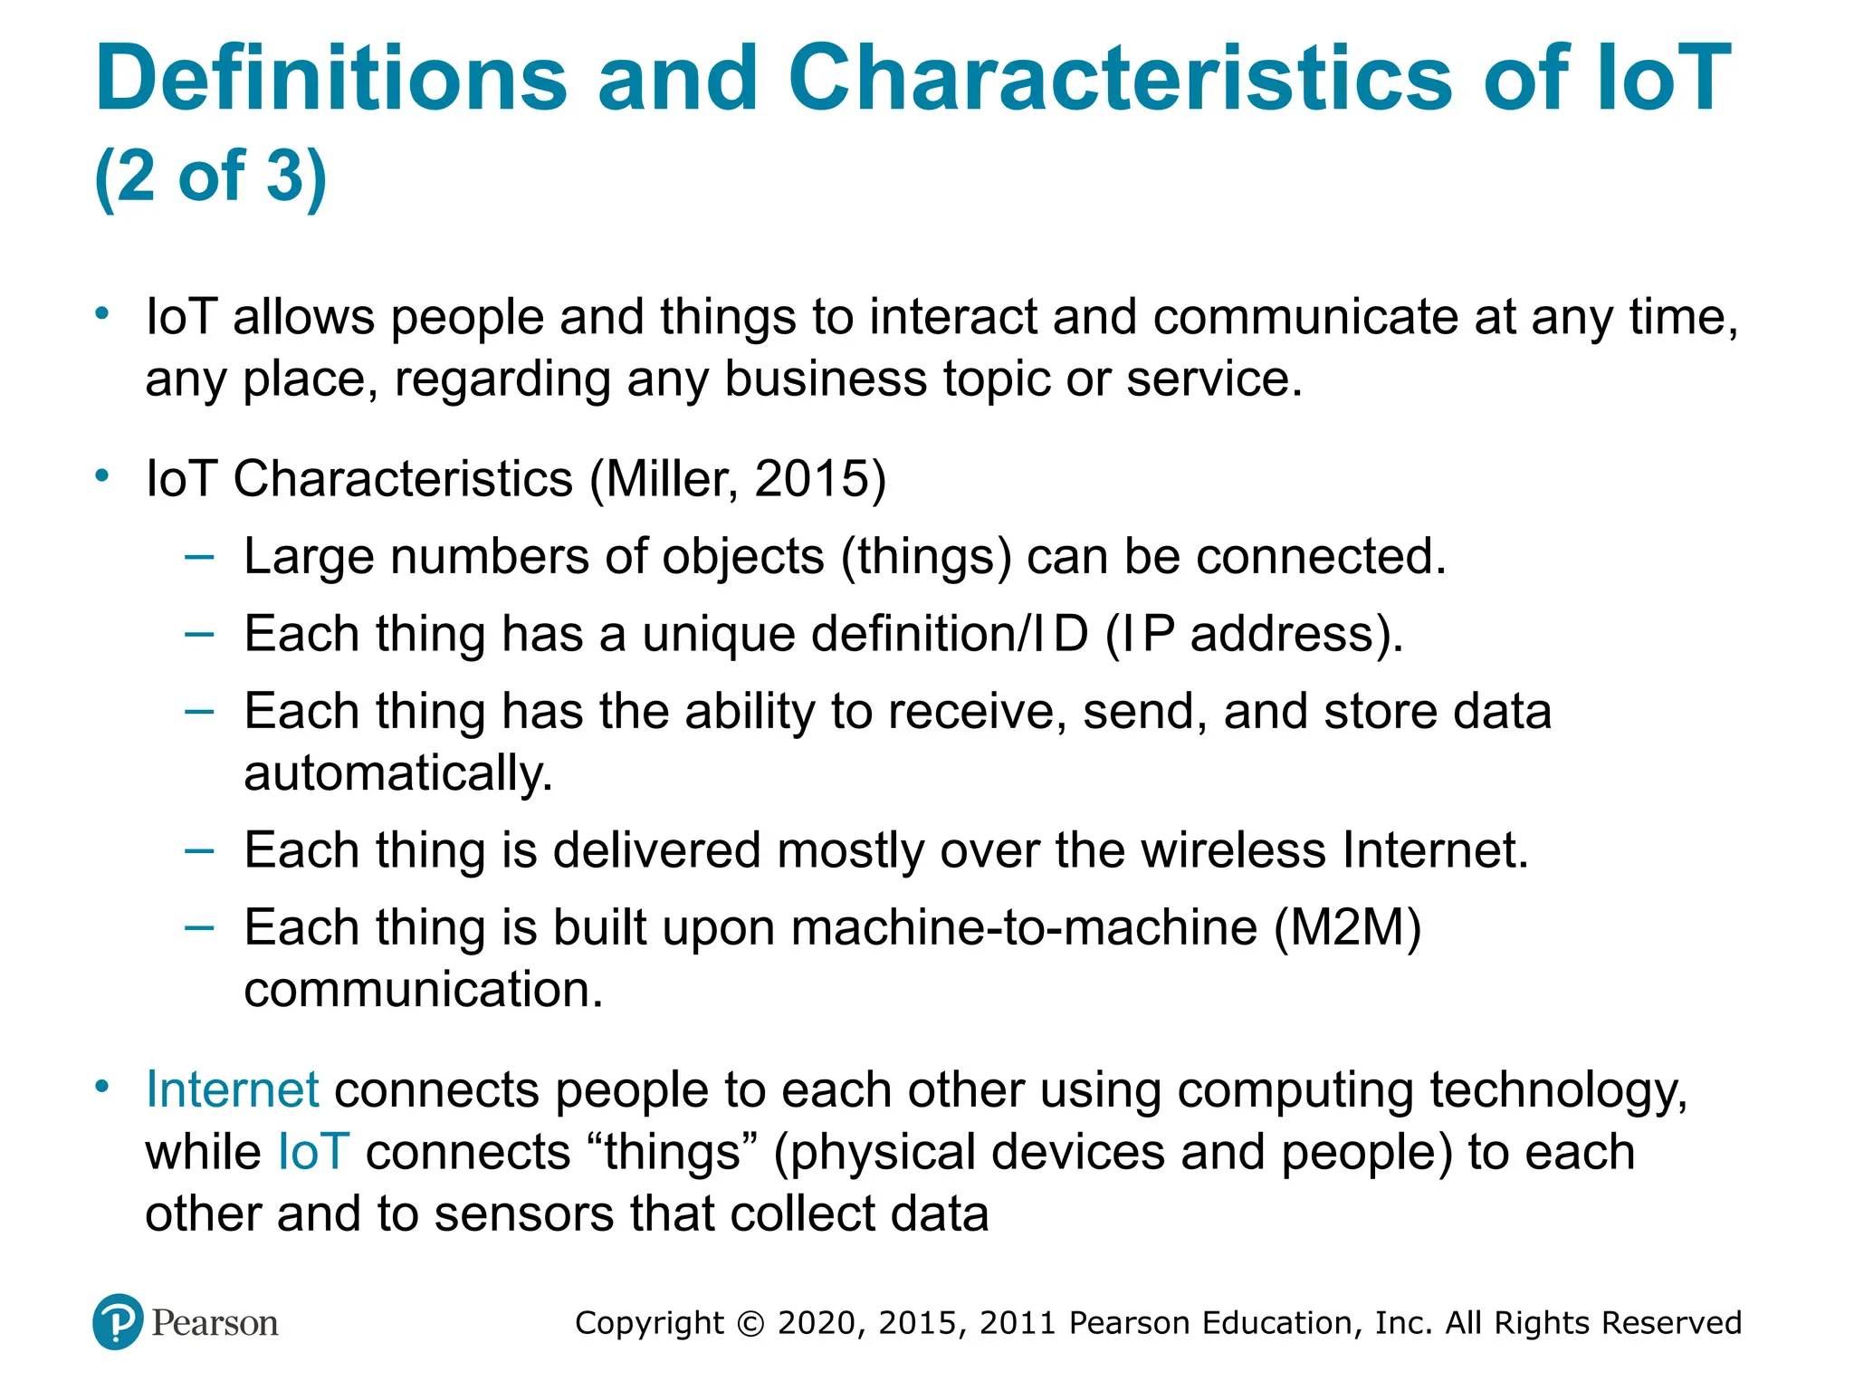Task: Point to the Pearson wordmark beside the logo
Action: pyautogui.click(x=215, y=1323)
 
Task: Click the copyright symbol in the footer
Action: pyautogui.click(x=750, y=1324)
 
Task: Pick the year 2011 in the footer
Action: pyautogui.click(x=1018, y=1323)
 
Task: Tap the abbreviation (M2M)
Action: pyautogui.click(x=1347, y=927)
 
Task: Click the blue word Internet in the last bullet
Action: pyautogui.click(x=232, y=1089)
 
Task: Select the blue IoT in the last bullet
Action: pyautogui.click(x=312, y=1152)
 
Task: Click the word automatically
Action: pyautogui.click(x=398, y=774)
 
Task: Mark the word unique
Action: pyautogui.click(x=719, y=634)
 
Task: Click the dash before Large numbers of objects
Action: pyautogui.click(x=199, y=556)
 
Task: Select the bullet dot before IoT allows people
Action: pyautogui.click(x=102, y=314)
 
